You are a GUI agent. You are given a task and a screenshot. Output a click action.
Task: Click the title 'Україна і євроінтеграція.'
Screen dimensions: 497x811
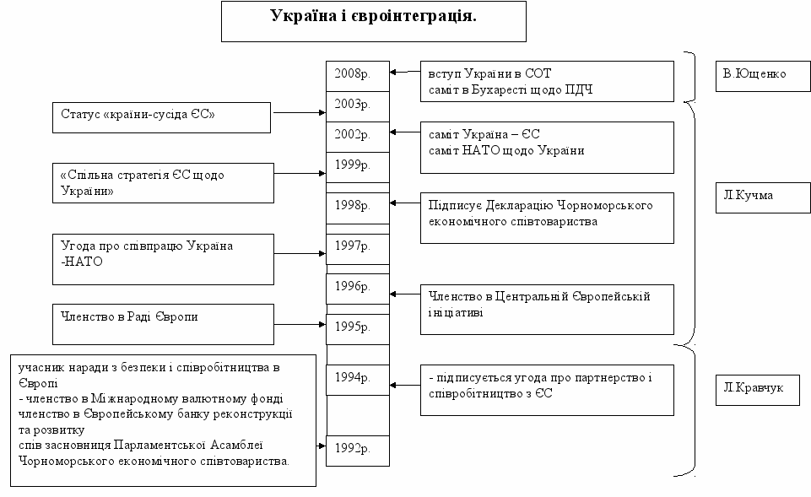point(373,20)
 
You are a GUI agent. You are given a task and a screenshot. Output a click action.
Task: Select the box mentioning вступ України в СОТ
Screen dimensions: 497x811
point(547,81)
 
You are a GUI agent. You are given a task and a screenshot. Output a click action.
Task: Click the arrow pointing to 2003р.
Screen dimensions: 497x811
point(300,112)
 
